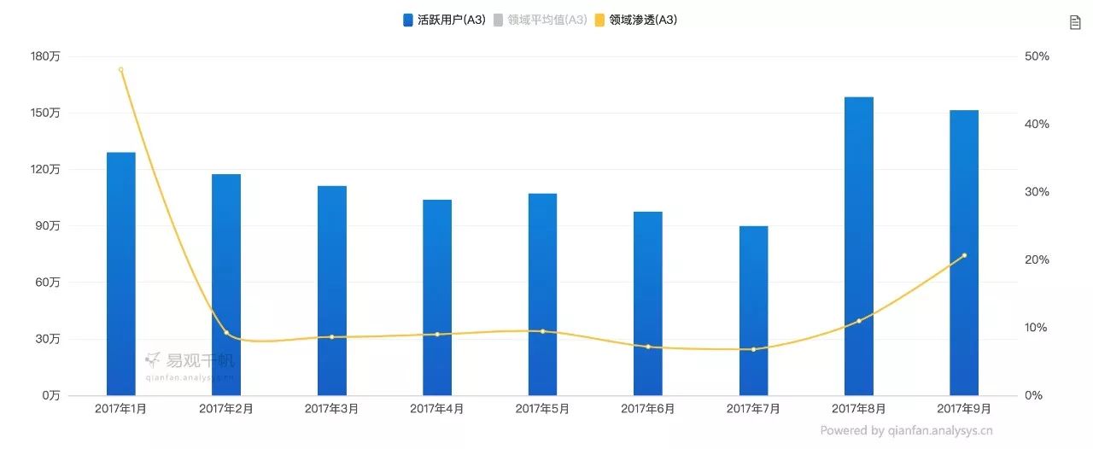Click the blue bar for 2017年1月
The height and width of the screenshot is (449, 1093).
coord(121,273)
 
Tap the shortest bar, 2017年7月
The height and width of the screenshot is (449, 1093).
coord(753,311)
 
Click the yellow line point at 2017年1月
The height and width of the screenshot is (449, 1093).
coord(120,69)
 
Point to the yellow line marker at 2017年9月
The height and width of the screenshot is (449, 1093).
coord(964,255)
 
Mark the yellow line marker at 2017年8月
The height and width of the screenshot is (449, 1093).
coord(859,321)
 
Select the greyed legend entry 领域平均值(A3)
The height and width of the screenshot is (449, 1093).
coord(540,20)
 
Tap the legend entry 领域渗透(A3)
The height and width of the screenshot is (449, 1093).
coord(635,20)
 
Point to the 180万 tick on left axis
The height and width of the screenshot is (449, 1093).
coord(67,56)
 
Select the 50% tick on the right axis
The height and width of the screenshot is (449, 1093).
coord(1036,56)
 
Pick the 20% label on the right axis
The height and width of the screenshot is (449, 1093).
coord(1036,259)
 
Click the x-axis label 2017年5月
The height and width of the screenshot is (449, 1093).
coord(542,409)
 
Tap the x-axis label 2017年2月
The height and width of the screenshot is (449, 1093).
coord(226,409)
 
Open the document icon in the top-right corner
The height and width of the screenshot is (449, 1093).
coord(1075,22)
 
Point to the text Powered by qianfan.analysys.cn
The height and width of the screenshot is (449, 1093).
coord(906,431)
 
